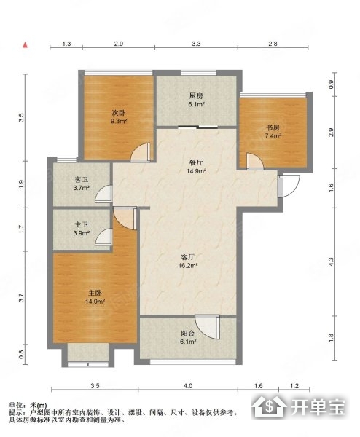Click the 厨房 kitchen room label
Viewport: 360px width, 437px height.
pos(196,96)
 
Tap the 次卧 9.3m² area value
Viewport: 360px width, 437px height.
pos(119,121)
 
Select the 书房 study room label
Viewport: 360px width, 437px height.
pos(273,128)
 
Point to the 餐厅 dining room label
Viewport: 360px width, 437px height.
pos(196,162)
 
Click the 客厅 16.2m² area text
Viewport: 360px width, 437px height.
pos(188,266)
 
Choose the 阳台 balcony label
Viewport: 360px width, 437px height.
pos(188,334)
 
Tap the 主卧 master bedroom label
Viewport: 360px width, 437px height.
pos(95,294)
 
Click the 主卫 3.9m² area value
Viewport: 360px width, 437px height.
pos(82,233)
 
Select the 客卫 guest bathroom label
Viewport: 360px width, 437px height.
pos(82,180)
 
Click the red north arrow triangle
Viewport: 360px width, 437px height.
pos(25,44)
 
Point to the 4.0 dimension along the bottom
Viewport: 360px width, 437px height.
pos(188,386)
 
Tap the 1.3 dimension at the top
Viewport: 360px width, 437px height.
pos(66,44)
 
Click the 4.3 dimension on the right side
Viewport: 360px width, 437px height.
pos(331,261)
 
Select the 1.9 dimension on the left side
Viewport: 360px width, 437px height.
pos(22,184)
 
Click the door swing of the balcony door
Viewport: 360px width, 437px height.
pos(208,327)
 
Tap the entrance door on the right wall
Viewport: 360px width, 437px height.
pos(289,186)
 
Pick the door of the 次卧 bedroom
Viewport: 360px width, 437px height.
pos(141,152)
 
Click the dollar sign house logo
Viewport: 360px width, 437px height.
pos(269,406)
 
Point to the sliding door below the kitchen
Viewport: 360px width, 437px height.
pos(197,127)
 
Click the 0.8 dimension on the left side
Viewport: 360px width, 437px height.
pos(22,355)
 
